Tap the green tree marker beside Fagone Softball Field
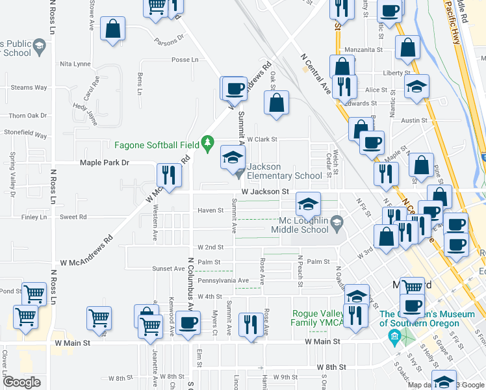pos(208,142)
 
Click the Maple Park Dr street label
pos(105,162)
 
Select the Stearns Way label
pos(29,87)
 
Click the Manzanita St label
pos(364,49)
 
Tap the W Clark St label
pos(262,139)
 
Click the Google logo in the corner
pos(21,382)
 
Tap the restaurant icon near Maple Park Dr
pos(168,175)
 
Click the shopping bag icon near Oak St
pos(276,102)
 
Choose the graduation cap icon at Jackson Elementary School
pos(233,157)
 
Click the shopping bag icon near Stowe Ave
pos(113,29)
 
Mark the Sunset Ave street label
pos(168,268)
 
